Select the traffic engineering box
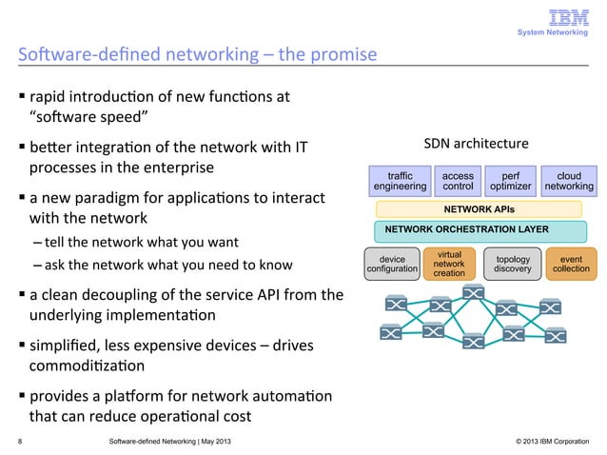pyautogui.click(x=401, y=182)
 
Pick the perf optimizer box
pyautogui.click(x=511, y=182)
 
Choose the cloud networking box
pyautogui.click(x=569, y=182)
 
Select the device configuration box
pyautogui.click(x=392, y=264)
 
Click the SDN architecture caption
pyautogui.click(x=475, y=145)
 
